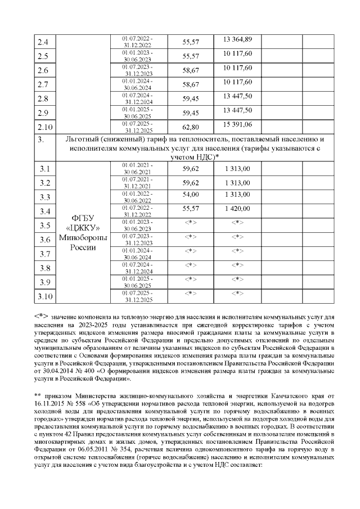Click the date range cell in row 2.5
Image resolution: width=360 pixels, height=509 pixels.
coord(138,56)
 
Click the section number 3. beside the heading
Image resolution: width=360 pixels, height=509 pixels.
coord(40,138)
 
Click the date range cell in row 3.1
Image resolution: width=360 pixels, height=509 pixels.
coord(138,168)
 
